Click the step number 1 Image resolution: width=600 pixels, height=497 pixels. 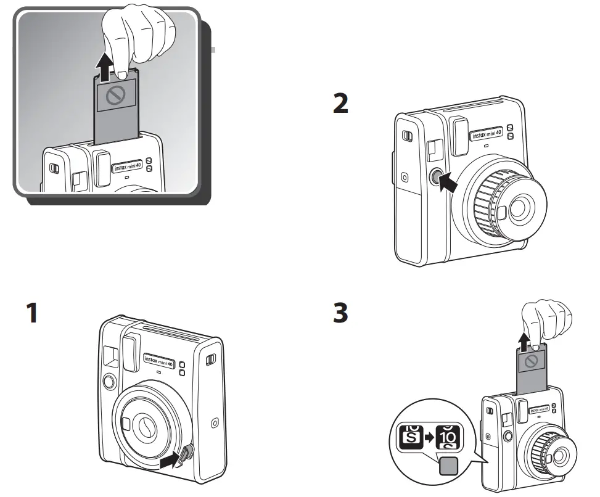pos(31,313)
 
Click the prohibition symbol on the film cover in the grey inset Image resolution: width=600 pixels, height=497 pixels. pos(116,94)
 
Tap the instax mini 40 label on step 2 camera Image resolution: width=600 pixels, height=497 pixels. pos(487,134)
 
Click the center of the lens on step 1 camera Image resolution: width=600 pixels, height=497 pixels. pos(147,425)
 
